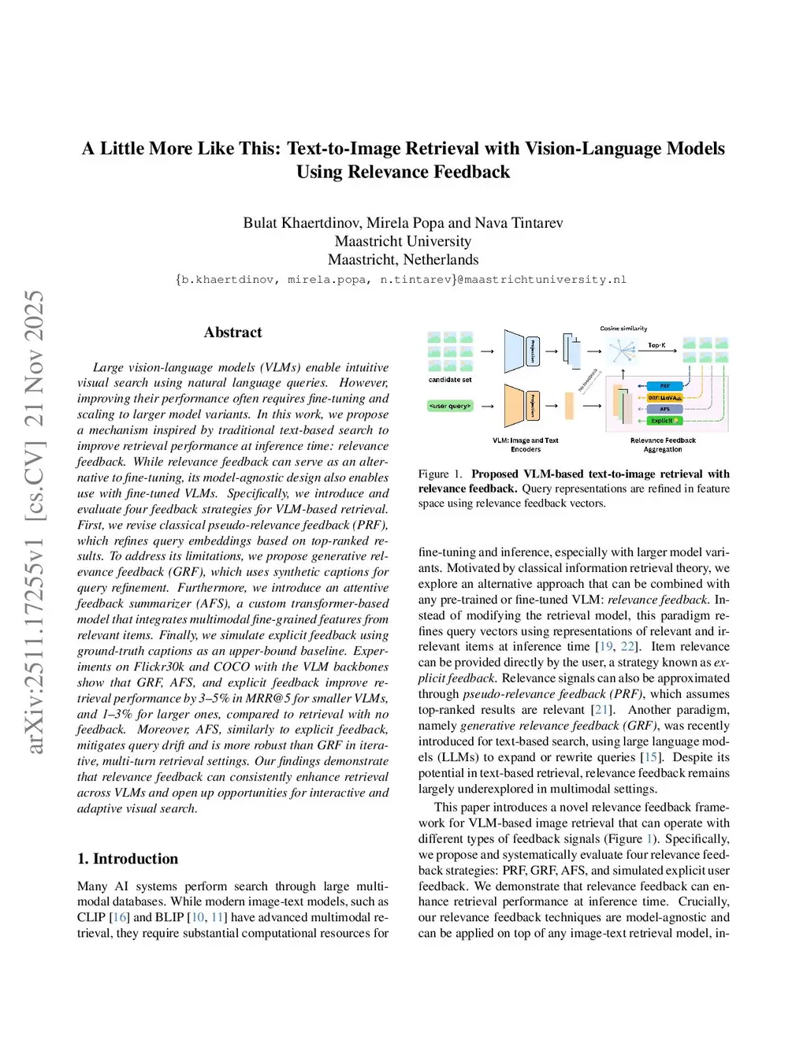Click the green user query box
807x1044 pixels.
pos(450,406)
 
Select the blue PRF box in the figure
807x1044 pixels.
pos(664,386)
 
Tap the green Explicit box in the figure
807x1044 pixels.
pos(664,421)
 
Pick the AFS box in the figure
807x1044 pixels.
pos(664,409)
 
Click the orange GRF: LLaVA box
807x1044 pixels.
pos(664,398)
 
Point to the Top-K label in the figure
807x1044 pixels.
pos(656,345)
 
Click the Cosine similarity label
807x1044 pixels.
pos(623,329)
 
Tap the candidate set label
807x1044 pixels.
pos(450,380)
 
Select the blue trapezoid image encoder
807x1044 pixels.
pos(514,351)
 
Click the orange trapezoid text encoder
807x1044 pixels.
pos(514,406)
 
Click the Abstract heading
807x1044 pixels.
pos(232,333)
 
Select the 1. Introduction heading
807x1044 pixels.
pos(128,859)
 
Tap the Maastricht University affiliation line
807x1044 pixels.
pos(403,241)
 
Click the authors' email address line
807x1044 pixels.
pos(402,280)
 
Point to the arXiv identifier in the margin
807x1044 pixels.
pos(35,520)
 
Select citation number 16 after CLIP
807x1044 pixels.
pos(120,917)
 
